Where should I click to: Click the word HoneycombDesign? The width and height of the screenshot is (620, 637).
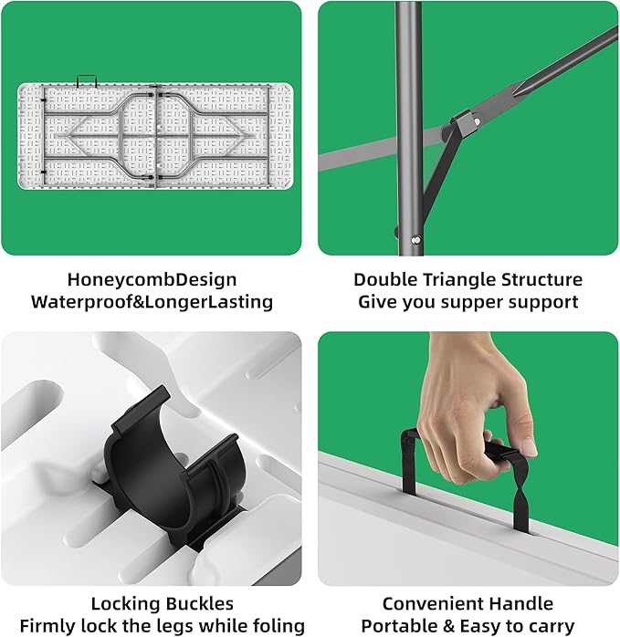[152, 280]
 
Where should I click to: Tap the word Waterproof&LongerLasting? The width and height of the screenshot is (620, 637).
[152, 303]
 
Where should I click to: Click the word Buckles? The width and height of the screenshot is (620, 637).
[198, 603]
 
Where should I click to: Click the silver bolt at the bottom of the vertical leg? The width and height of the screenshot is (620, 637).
[415, 240]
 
